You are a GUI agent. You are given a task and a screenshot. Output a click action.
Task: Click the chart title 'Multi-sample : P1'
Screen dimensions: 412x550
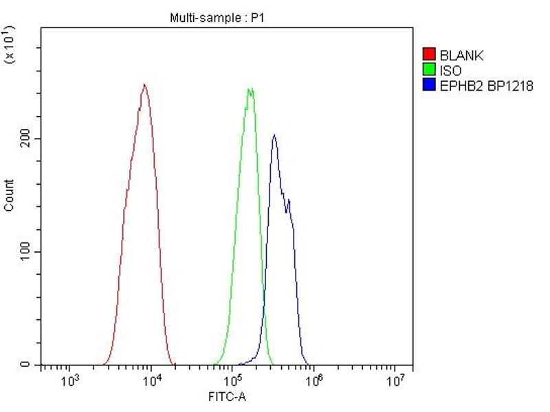[x=217, y=18]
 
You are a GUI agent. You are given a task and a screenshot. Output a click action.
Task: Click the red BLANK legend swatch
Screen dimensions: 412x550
[x=428, y=55]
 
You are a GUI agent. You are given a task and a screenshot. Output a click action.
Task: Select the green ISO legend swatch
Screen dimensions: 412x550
[x=428, y=70]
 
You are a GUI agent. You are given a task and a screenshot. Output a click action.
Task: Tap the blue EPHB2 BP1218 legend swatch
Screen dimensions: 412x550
[x=428, y=85]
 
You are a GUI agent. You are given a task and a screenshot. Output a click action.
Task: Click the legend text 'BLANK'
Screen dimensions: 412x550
[x=461, y=55]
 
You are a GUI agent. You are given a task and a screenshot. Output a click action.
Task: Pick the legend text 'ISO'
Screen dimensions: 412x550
[x=451, y=70]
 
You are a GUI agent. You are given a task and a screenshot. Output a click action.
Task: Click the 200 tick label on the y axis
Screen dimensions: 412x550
[x=27, y=139]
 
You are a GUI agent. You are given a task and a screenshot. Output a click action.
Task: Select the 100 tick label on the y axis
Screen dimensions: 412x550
[x=27, y=252]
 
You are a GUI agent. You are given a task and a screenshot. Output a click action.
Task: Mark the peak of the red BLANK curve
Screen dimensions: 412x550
[x=144, y=84]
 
